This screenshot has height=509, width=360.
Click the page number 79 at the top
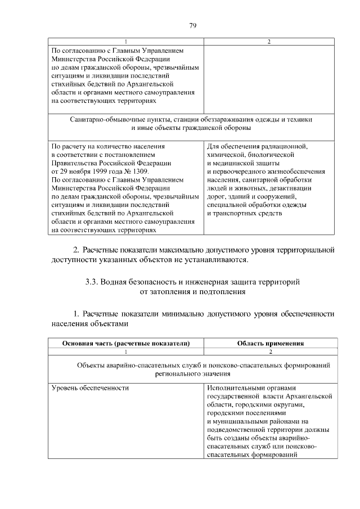[x=192, y=25]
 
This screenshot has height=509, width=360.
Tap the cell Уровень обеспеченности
[x=90, y=388]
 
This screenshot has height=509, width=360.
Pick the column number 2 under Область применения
[x=271, y=352]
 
